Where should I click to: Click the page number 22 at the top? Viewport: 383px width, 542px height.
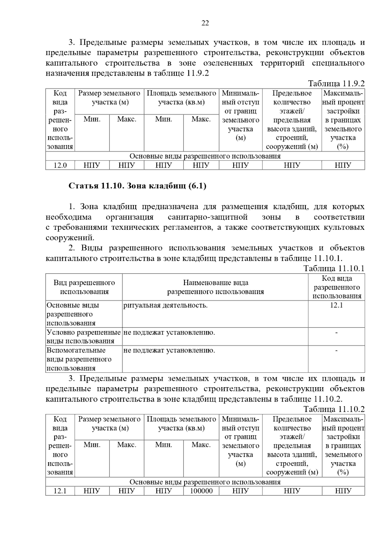[205, 23]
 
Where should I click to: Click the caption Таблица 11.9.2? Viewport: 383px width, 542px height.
[336, 84]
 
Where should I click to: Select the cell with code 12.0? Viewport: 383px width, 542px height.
[60, 165]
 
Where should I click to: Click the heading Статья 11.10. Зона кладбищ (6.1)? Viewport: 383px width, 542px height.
[138, 186]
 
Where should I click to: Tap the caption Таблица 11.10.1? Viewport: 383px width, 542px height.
[334, 268]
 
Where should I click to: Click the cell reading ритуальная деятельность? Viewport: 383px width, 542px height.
[165, 305]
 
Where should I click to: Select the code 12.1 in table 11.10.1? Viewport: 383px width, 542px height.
[336, 305]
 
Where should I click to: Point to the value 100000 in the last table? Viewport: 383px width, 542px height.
[201, 491]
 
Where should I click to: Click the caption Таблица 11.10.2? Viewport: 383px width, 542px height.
[334, 409]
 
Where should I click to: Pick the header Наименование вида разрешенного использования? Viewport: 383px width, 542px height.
[215, 287]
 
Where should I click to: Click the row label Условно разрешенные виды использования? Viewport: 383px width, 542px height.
[84, 337]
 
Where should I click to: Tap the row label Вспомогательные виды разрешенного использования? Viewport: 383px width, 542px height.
[79, 359]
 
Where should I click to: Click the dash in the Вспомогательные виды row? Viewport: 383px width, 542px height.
[336, 351]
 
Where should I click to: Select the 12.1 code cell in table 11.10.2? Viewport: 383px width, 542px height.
[60, 491]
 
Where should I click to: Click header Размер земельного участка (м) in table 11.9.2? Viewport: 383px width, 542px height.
[109, 98]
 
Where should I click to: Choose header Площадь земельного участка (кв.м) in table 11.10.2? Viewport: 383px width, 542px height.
[181, 423]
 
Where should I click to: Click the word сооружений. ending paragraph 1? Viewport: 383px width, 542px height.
[70, 238]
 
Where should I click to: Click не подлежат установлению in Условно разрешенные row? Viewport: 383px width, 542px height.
[169, 333]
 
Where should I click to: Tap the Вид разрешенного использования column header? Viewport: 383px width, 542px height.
[84, 287]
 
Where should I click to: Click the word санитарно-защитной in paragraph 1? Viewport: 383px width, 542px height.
[207, 217]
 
